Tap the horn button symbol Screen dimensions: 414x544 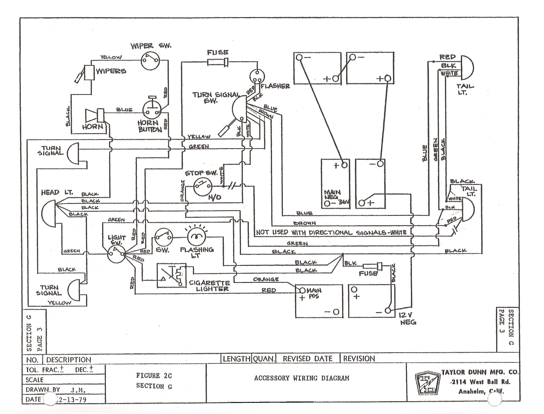click(x=152, y=110)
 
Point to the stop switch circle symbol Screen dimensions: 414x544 click(x=203, y=186)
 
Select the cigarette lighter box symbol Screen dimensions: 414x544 click(x=171, y=276)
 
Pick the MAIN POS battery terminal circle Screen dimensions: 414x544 click(x=302, y=290)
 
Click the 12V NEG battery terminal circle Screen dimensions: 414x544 click(x=388, y=310)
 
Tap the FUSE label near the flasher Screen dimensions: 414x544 click(x=218, y=53)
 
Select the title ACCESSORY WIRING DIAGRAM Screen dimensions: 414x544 click(x=301, y=378)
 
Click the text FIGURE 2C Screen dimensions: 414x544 click(x=154, y=376)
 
